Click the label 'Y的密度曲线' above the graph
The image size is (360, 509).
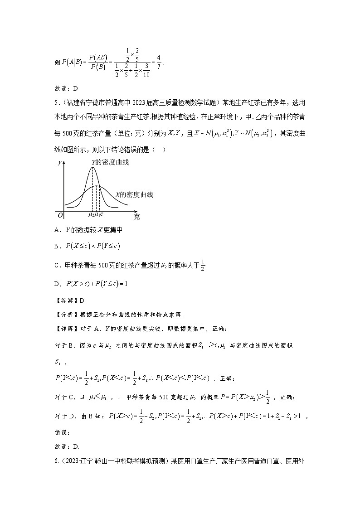[x=110, y=162]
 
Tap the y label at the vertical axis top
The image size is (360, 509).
[x=60, y=163]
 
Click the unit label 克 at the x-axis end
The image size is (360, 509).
[x=137, y=217]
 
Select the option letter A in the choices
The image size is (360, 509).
[x=57, y=230]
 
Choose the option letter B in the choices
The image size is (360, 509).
[x=57, y=246]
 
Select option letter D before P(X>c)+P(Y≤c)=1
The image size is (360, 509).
[x=57, y=284]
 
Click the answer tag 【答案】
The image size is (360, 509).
[x=64, y=301]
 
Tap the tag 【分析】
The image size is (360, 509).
[x=64, y=312]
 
